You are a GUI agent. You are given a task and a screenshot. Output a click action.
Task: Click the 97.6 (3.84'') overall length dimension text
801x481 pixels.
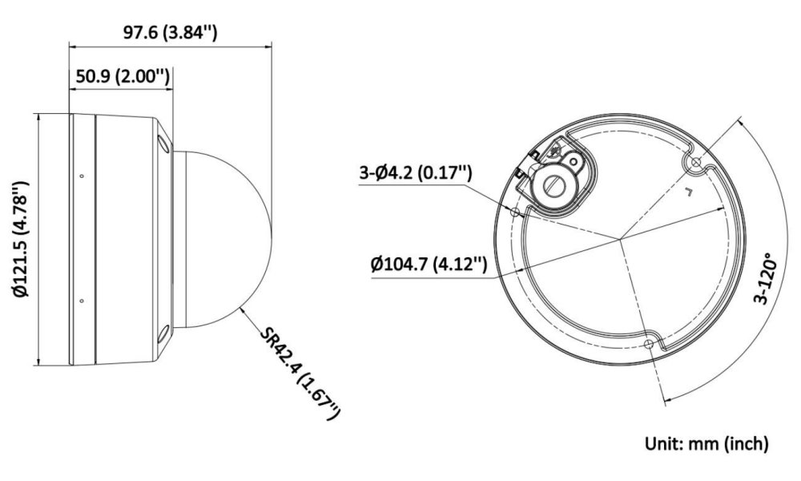click(x=170, y=32)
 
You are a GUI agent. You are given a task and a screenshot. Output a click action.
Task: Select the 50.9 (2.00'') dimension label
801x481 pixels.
click(x=122, y=77)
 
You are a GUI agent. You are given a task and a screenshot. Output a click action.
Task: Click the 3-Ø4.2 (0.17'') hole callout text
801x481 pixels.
click(x=415, y=173)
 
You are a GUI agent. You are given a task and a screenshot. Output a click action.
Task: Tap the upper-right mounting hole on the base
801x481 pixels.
click(x=694, y=164)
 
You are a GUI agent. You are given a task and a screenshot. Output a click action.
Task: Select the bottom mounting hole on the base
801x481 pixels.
click(x=648, y=342)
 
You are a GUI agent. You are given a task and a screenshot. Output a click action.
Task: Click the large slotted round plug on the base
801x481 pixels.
click(x=553, y=184)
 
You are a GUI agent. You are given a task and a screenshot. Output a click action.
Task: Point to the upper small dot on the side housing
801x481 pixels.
click(x=83, y=176)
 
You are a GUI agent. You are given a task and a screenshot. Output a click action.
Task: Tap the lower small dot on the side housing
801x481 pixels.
click(x=83, y=301)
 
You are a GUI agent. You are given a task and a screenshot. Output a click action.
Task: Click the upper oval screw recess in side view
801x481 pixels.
click(x=164, y=144)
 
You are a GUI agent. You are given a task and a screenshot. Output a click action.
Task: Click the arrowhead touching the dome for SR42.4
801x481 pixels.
click(x=241, y=307)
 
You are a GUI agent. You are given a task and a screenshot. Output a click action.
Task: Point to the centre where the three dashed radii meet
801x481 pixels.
click(x=619, y=238)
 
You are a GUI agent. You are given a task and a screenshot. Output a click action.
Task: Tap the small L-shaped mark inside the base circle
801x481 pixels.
click(x=686, y=192)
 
